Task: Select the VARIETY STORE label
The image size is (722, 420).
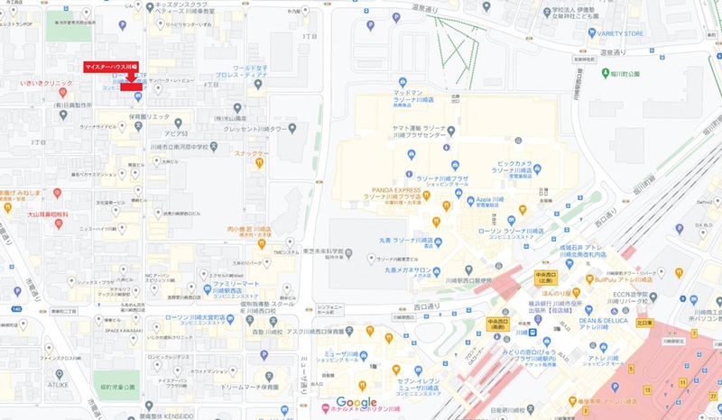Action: point(619,33)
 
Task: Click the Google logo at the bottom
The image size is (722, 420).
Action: point(356,402)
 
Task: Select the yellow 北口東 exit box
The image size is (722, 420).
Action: point(643,320)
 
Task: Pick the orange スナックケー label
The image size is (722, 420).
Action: point(252,153)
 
